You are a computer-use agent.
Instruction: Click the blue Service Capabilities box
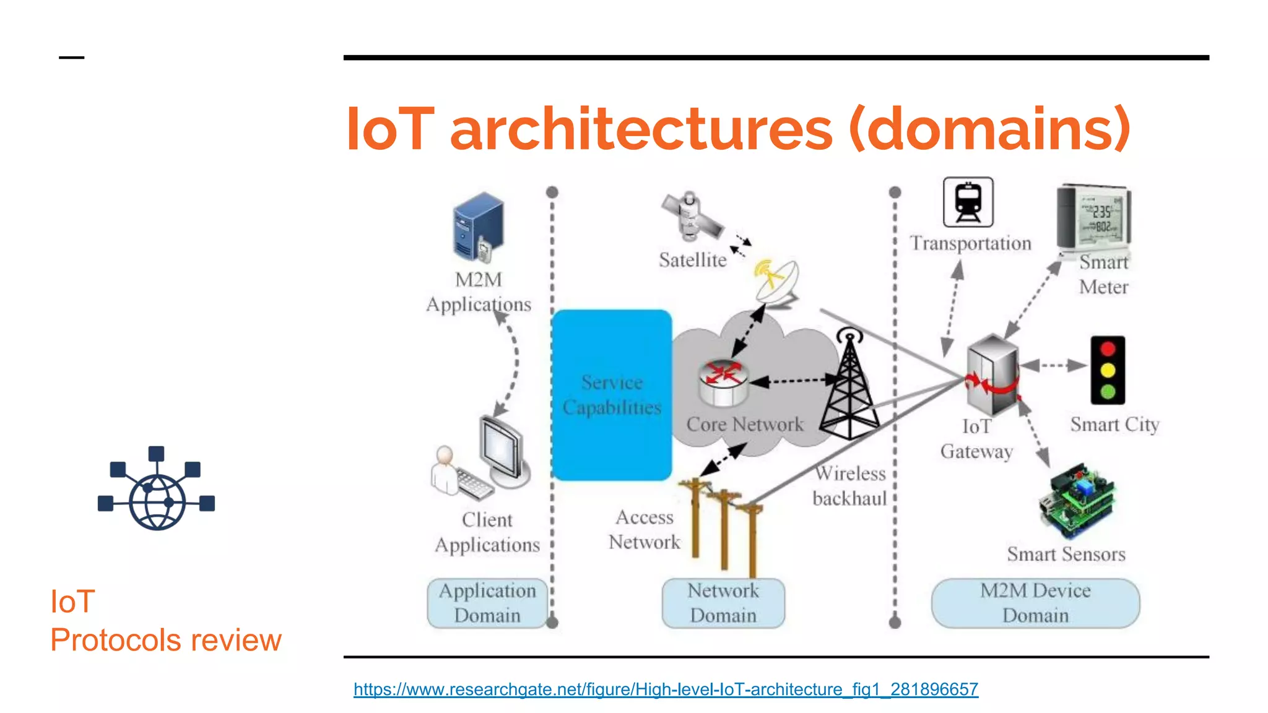[x=612, y=395]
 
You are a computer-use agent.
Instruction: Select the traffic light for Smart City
[x=1108, y=370]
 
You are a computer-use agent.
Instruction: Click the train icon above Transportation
[x=968, y=202]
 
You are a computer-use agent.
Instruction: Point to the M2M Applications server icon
[x=478, y=228]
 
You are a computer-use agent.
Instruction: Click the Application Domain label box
[x=487, y=603]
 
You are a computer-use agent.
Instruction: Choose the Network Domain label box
[x=723, y=603]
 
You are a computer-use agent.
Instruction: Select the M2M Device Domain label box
[x=1035, y=603]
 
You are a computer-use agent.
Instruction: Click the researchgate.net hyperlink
[x=666, y=689]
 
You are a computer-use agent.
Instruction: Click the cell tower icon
[x=850, y=387]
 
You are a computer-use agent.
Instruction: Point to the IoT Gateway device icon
[x=992, y=375]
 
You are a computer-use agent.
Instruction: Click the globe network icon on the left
[x=157, y=489]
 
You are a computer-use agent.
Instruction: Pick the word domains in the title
[x=989, y=129]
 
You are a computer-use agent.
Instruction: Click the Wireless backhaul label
[x=850, y=486]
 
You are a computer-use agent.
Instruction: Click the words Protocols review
[x=166, y=640]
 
